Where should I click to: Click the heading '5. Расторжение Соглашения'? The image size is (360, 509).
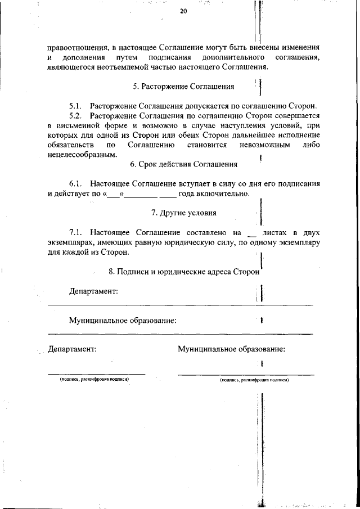(x=183, y=87)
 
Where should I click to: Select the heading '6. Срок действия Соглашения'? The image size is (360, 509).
(x=183, y=164)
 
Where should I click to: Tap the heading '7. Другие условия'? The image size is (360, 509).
(x=184, y=213)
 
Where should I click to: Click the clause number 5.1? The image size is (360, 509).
(x=76, y=106)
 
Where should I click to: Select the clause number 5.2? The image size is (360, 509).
(x=76, y=115)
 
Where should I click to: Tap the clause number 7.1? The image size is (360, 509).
(x=76, y=232)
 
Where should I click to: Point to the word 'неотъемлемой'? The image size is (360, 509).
(x=140, y=67)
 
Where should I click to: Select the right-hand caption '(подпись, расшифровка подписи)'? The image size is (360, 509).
(x=254, y=380)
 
